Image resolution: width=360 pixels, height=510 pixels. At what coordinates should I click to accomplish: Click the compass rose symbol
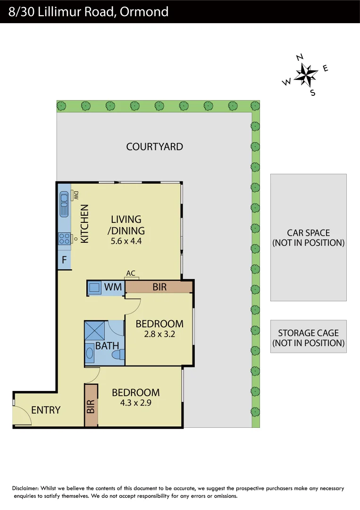click(306, 75)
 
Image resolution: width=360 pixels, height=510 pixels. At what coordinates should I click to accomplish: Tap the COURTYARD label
click(154, 146)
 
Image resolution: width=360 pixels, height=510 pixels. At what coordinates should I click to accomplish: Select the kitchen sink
click(64, 204)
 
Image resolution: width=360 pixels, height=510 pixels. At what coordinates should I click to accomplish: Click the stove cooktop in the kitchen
click(64, 239)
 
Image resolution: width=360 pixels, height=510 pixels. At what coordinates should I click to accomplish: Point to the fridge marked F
click(64, 260)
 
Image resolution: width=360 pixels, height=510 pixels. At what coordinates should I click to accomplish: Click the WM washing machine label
click(113, 287)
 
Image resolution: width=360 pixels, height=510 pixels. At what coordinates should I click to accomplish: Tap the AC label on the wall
click(131, 273)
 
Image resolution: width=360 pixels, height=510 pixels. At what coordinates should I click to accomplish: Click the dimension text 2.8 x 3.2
click(159, 335)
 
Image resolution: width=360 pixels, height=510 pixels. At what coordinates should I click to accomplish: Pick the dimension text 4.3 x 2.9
click(135, 403)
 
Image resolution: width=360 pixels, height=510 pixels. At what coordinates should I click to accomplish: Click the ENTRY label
click(46, 410)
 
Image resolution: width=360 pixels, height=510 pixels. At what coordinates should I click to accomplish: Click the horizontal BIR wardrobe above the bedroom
click(159, 287)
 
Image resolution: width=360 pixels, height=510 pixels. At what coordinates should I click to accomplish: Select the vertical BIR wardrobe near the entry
click(91, 406)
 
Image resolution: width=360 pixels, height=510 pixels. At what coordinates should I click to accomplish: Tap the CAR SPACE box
click(308, 238)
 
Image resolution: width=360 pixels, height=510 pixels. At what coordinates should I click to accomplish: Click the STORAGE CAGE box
click(308, 338)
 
